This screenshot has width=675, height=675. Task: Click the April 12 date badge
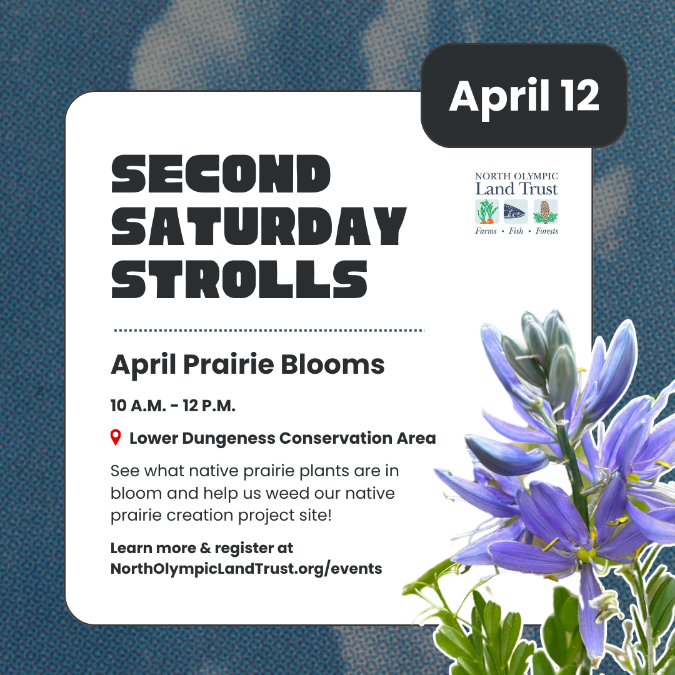[524, 96]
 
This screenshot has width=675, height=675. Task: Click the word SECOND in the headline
[221, 174]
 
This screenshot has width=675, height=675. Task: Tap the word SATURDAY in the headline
[258, 226]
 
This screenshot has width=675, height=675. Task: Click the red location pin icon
[116, 437]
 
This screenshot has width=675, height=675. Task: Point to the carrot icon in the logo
[487, 211]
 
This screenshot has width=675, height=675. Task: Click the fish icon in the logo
[516, 211]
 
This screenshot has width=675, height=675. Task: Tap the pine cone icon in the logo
[546, 211]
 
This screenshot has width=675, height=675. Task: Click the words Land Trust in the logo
[516, 189]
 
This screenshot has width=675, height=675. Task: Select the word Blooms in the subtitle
[332, 364]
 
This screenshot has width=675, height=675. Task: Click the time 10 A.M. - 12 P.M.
[172, 406]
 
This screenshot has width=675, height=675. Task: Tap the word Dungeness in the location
[229, 438]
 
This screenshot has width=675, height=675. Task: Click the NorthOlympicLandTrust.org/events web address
[246, 568]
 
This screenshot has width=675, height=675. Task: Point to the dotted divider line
[269, 331]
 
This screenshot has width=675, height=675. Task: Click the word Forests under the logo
[547, 231]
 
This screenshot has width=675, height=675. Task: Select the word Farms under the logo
[486, 231]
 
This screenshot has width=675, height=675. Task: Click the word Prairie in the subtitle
[229, 364]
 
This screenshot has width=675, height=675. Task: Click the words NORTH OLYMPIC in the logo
[516, 176]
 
